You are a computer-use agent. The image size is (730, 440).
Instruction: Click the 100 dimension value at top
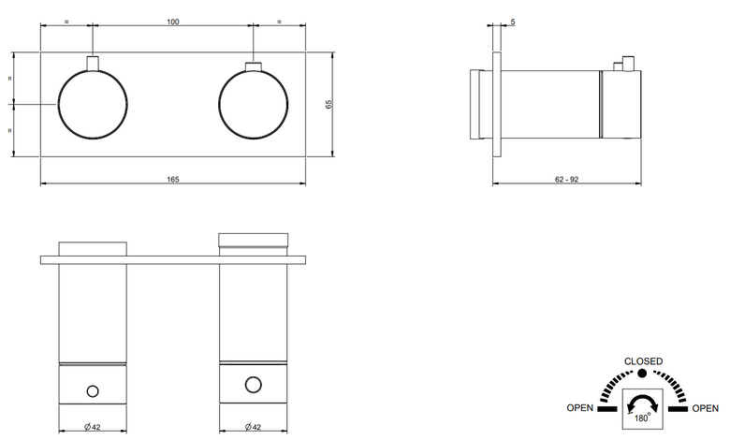click(x=173, y=22)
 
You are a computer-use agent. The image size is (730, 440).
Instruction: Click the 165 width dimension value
click(x=173, y=179)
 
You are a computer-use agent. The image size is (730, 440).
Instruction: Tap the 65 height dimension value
click(x=328, y=104)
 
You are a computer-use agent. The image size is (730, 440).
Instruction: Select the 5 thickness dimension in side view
click(x=513, y=22)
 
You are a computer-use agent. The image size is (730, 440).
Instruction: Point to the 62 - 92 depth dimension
click(x=566, y=179)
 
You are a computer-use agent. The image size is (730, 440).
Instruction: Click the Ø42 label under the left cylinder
click(x=92, y=427)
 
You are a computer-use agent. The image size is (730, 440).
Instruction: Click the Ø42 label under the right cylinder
click(x=253, y=427)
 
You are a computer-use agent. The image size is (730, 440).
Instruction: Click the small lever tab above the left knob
click(x=93, y=64)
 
